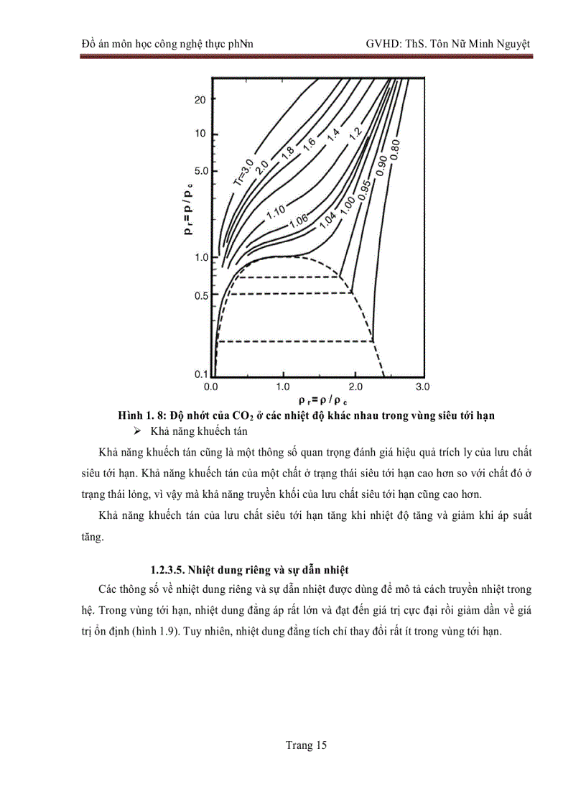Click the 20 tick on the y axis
point(200,99)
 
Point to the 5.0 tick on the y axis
point(200,172)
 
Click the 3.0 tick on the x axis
point(422,387)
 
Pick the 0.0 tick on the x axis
point(211,387)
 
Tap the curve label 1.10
point(276,212)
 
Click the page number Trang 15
point(306,745)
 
